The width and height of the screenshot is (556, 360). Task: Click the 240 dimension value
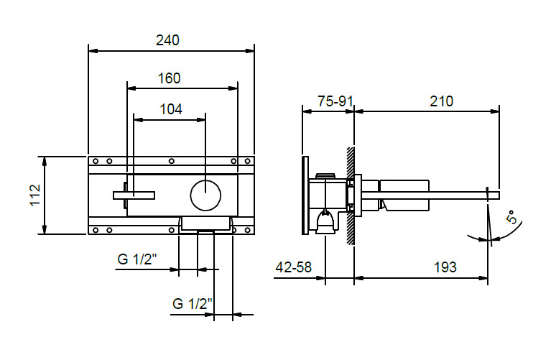click(x=167, y=40)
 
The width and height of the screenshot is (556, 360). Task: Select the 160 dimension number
click(x=169, y=78)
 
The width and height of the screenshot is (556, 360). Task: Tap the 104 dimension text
click(x=171, y=109)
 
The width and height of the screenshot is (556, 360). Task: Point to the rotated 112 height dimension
click(x=35, y=195)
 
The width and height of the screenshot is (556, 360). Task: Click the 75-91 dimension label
click(x=335, y=101)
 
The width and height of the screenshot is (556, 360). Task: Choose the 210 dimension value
click(x=442, y=101)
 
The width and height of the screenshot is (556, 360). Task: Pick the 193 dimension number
click(x=445, y=267)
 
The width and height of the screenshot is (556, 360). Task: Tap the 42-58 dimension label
click(x=294, y=267)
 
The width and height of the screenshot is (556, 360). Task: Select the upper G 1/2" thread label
click(x=137, y=259)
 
